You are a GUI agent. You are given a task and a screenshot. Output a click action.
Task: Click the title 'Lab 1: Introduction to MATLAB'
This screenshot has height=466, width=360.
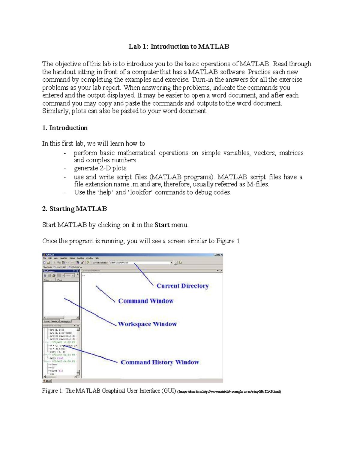(x=179, y=47)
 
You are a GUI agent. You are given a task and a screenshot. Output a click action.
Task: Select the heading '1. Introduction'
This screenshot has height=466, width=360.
(x=65, y=128)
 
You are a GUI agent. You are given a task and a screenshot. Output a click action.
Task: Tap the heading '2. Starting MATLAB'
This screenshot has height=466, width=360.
(x=74, y=209)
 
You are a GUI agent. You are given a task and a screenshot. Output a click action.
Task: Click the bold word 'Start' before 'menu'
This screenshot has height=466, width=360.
(x=162, y=225)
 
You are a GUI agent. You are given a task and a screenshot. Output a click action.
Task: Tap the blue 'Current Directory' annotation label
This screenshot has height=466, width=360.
(x=182, y=286)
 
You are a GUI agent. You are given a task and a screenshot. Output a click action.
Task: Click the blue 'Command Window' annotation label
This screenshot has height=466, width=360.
(x=146, y=301)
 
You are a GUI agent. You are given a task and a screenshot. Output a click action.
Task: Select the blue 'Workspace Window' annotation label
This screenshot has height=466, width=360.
(x=147, y=324)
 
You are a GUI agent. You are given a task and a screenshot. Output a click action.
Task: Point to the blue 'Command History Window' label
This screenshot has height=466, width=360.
(x=160, y=362)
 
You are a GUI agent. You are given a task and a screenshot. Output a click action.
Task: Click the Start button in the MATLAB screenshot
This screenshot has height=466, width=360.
(x=47, y=381)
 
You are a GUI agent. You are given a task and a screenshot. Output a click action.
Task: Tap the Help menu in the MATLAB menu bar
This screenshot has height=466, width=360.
(x=97, y=258)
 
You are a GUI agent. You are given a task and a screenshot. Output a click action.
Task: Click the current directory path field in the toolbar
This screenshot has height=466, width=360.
(x=139, y=263)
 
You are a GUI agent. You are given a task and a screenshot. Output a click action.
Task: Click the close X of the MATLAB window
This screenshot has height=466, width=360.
(x=221, y=255)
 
